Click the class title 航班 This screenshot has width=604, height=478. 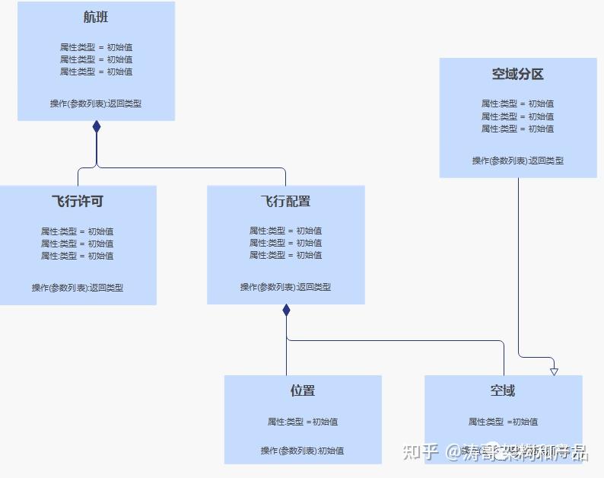(96, 17)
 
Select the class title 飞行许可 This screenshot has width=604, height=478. (78, 201)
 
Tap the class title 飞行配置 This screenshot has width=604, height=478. (285, 201)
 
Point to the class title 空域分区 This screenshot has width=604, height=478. (518, 74)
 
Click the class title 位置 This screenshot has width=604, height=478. (302, 390)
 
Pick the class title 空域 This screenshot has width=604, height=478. (503, 390)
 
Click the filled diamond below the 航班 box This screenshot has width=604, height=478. (97, 127)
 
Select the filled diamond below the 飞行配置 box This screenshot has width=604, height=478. (286, 311)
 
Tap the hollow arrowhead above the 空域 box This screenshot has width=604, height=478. (554, 371)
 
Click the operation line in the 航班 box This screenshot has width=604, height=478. (96, 104)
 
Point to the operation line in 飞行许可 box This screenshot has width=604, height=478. (78, 288)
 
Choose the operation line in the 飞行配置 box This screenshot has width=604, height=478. (285, 287)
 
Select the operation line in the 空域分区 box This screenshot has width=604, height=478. (518, 161)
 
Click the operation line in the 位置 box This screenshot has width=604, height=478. (302, 451)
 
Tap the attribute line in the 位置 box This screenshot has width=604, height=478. (302, 422)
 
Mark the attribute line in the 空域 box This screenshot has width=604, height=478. (503, 422)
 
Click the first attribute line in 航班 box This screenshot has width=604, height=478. (96, 47)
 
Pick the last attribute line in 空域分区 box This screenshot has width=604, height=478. (518, 129)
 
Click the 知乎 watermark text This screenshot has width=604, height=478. (421, 452)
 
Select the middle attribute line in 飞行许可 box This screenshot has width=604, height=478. (78, 244)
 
